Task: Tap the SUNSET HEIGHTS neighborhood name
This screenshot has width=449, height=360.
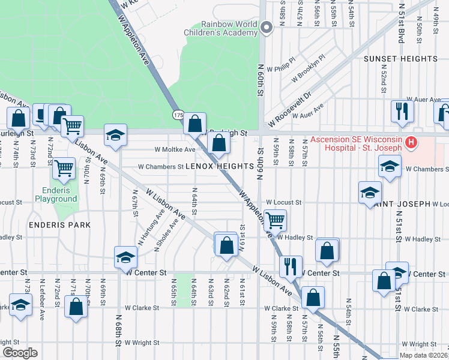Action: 400,59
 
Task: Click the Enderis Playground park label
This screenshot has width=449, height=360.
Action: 56,193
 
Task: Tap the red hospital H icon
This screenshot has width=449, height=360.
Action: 411,143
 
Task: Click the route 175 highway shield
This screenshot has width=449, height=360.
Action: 178,114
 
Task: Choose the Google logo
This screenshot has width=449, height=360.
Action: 20,352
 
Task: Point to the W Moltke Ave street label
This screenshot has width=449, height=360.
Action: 175,149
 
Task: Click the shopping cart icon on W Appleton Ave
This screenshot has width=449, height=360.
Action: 275,220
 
